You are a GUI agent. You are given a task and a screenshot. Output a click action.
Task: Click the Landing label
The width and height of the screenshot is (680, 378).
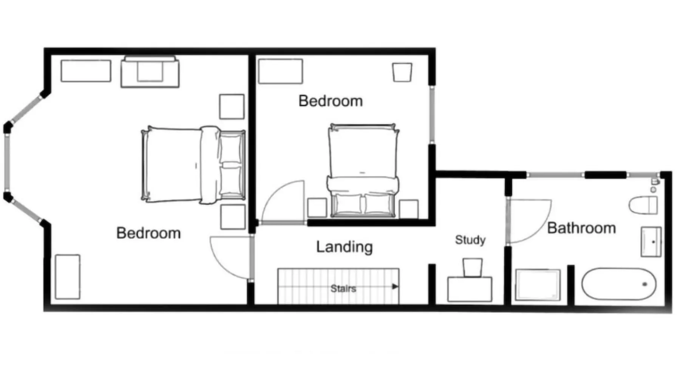345,247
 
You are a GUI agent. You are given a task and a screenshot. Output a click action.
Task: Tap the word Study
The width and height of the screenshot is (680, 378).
470,240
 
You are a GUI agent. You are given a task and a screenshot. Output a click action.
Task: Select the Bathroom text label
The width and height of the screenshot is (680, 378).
581,228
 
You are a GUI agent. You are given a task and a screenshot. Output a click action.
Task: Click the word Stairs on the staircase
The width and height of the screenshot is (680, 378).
343,288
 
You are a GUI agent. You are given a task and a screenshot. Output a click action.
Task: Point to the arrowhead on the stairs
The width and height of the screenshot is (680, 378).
395,287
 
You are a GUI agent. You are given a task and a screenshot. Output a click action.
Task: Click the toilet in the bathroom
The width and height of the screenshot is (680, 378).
643,205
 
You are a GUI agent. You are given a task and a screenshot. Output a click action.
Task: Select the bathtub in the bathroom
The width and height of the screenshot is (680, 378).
619,284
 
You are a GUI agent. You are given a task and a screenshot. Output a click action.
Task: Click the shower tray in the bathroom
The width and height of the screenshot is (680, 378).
538,285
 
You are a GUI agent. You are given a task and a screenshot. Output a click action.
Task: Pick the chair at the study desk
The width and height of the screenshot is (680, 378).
473,268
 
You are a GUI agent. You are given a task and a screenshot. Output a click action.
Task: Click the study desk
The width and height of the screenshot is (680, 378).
470,289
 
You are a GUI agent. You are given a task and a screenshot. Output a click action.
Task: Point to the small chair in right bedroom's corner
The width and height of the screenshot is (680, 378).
402,72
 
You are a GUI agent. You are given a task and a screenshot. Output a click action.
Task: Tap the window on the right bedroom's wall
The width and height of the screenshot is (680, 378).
432,115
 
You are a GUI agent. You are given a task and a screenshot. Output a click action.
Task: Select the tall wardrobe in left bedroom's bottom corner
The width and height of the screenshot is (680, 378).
68,277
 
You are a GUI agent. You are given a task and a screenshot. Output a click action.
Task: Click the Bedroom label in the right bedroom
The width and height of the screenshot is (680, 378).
331,101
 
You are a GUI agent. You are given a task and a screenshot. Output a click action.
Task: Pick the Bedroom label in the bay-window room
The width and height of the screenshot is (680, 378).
148,233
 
